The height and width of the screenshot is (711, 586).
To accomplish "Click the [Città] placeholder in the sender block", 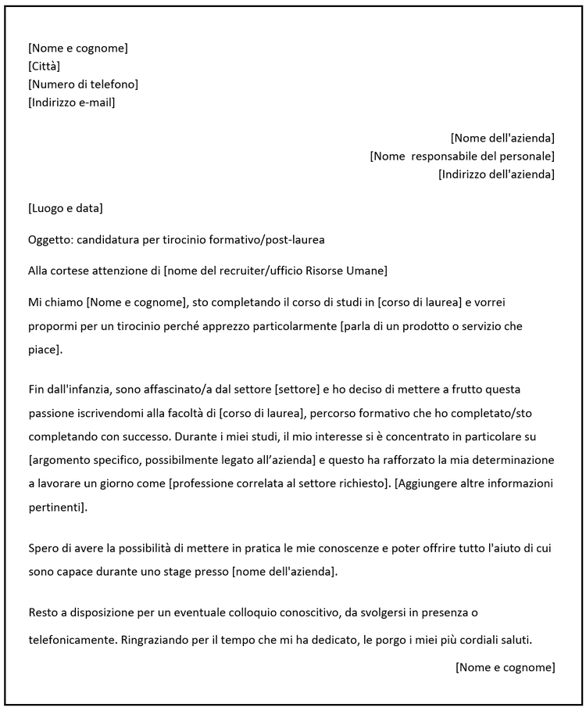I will (44, 66).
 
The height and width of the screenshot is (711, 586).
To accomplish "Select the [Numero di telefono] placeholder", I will (83, 84).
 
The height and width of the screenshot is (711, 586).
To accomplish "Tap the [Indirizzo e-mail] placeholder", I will (71, 102).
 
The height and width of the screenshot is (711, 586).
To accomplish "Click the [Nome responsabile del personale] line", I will (462, 156).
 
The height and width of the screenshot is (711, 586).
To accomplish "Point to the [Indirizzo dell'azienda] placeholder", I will (496, 174).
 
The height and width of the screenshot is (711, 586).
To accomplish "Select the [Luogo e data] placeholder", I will (66, 208).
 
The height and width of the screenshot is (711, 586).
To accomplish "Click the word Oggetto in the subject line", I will (49, 239).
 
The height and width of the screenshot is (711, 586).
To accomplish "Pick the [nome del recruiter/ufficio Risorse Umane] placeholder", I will (275, 271).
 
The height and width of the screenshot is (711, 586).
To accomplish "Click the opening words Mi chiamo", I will (55, 302).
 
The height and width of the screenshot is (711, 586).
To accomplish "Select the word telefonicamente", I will (72, 641).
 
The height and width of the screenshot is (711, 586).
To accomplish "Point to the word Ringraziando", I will (159, 641).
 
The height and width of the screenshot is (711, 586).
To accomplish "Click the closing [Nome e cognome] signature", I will (505, 667).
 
